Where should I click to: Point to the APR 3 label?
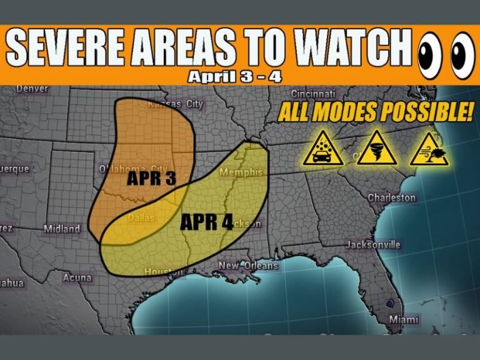click(151, 179)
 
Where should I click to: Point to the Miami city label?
click(404, 319)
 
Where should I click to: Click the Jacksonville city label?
click(373, 244)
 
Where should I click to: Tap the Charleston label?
click(391, 197)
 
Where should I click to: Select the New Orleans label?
click(248, 266)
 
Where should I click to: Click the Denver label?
click(32, 89)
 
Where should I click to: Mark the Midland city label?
click(62, 229)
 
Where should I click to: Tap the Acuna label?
click(77, 277)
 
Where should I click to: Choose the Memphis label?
click(240, 172)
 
